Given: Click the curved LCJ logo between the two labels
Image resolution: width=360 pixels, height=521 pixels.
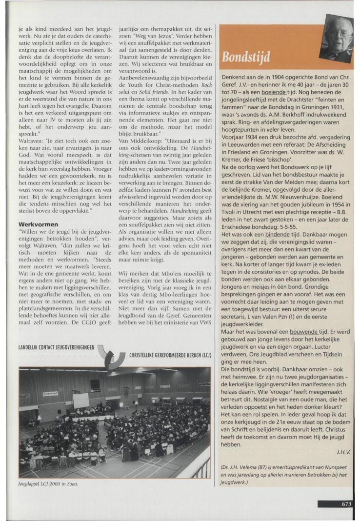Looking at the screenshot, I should [114, 356].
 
